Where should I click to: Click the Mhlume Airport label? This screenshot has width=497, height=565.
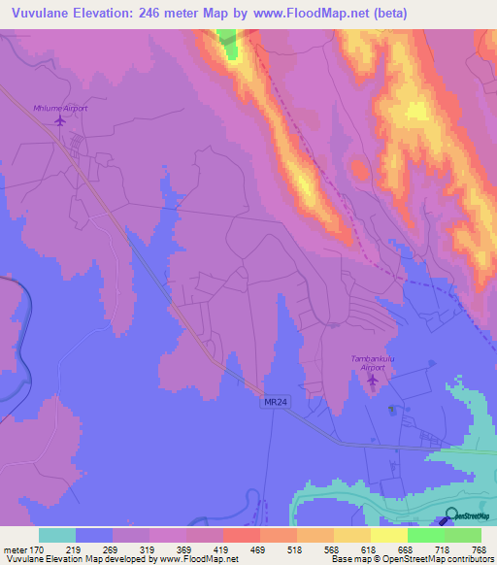pos(60,108)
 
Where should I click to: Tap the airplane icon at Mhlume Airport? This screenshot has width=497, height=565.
pos(60,121)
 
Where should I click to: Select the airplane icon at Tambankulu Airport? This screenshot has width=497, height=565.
pos(374,379)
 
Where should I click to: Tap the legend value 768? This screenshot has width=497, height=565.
pos(480,548)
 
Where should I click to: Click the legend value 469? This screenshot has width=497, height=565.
pos(259,548)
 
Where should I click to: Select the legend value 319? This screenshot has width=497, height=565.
pos(149,548)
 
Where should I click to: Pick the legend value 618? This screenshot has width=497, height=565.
pos(370,548)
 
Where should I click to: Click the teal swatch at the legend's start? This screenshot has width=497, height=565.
pos(57,535)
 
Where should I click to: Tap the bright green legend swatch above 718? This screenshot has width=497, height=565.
pos(425,535)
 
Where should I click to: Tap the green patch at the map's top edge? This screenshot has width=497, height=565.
pos(227,42)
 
